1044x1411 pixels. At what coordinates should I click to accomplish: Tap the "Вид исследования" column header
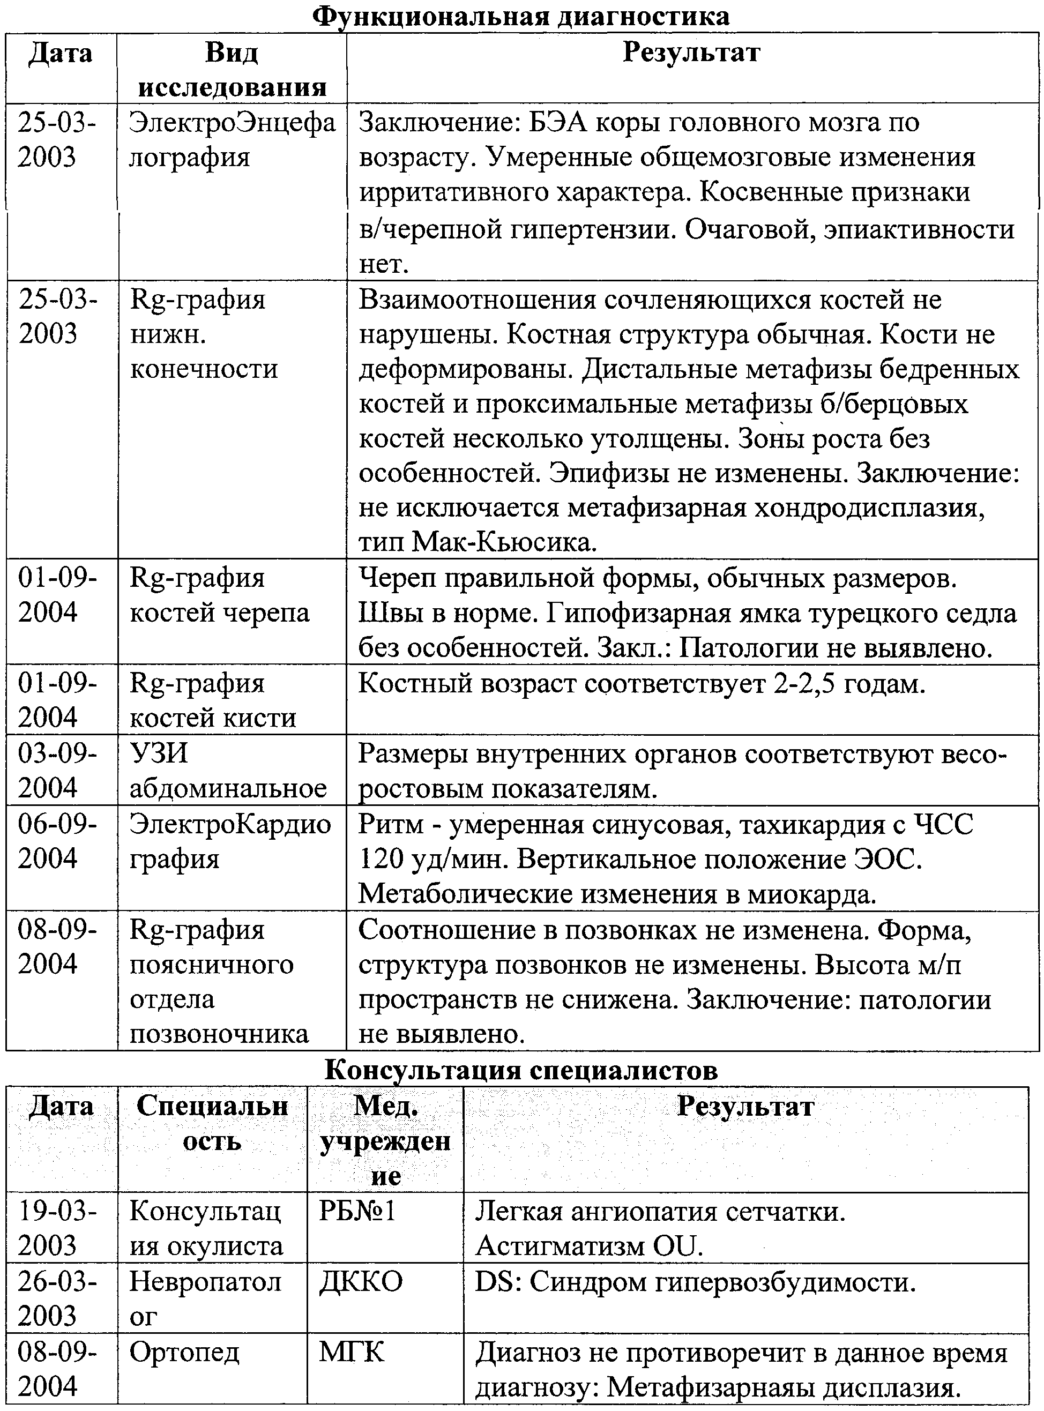(x=232, y=69)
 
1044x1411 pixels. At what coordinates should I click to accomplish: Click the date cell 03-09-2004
(x=57, y=770)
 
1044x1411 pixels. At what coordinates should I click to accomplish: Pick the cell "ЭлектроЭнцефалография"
(x=232, y=139)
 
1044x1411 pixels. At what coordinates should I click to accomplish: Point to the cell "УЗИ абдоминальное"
(x=228, y=770)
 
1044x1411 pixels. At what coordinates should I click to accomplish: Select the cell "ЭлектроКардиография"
(x=230, y=840)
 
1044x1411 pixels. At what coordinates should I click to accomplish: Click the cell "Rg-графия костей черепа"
(x=219, y=595)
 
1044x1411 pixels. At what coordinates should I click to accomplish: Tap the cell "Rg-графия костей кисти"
(x=213, y=699)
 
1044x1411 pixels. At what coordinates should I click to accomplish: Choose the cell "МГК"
(x=352, y=1352)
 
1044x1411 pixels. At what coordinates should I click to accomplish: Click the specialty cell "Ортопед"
(x=184, y=1352)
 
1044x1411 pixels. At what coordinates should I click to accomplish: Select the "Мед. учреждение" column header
(x=385, y=1140)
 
